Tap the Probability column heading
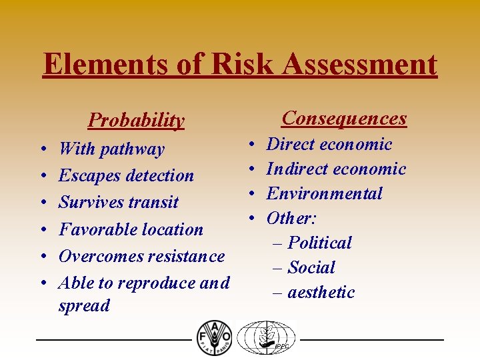click(x=136, y=120)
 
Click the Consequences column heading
click(x=344, y=118)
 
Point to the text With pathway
click(x=111, y=149)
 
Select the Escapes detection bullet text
click(x=126, y=175)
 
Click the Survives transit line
click(x=119, y=202)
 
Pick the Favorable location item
click(x=131, y=229)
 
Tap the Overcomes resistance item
click(x=141, y=256)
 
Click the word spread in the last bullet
click(x=84, y=306)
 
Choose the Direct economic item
click(x=329, y=144)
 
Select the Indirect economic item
click(x=336, y=169)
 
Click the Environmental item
click(x=325, y=193)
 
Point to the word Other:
click(x=292, y=218)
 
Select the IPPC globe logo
click(x=267, y=337)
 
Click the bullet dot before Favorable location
click(x=42, y=230)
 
